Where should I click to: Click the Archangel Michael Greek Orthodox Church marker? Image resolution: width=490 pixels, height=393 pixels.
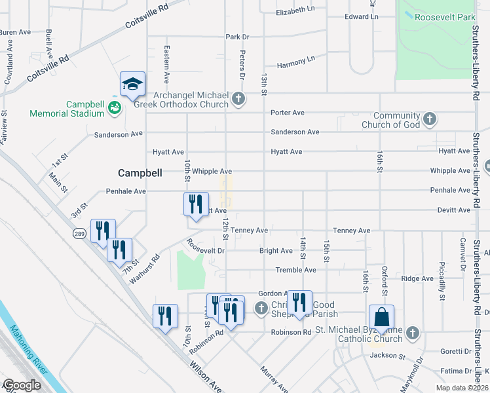238,100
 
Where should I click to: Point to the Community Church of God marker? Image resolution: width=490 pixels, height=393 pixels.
430,119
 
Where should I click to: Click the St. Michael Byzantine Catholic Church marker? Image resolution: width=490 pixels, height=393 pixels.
412,334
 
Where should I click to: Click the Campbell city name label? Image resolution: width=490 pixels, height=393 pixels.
139,173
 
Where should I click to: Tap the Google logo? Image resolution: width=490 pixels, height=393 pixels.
22,385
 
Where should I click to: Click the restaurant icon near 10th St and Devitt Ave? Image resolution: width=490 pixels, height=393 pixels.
195,205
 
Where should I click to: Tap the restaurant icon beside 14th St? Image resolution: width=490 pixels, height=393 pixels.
299,303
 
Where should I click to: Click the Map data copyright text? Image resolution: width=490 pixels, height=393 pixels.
461,388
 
